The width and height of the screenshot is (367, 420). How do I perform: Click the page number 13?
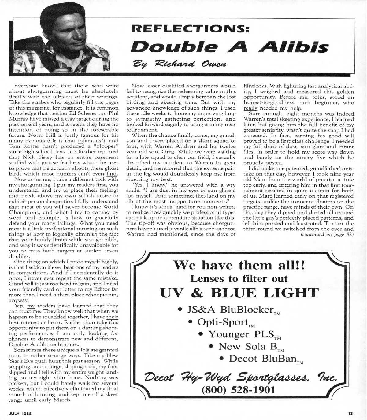click(350, 414)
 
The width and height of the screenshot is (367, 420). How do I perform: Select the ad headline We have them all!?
click(239, 265)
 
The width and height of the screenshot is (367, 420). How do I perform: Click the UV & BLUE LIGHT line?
click(239, 294)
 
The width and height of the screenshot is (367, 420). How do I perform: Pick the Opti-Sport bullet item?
click(224, 322)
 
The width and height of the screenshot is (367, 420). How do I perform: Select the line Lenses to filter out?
click(239, 279)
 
